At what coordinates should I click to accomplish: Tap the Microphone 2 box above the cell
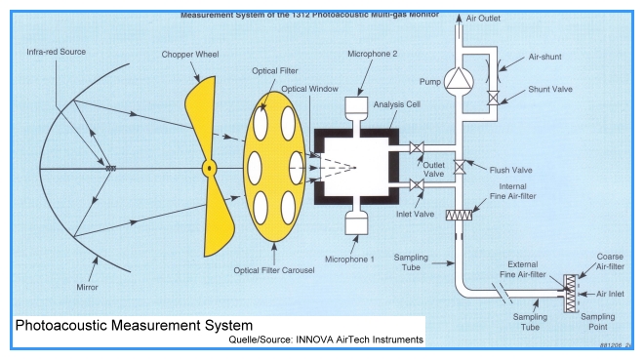(356, 107)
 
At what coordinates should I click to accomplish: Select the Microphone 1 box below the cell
(356, 224)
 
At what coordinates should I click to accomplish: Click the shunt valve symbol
(493, 99)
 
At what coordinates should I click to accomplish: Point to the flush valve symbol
(460, 167)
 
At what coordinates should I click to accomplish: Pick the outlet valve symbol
(417, 147)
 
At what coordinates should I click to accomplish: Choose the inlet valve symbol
(417, 184)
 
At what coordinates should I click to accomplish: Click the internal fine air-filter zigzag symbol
(459, 215)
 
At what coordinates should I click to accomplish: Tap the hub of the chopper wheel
(210, 169)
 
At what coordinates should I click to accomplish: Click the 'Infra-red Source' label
(57, 52)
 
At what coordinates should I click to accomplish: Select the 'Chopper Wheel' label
(190, 55)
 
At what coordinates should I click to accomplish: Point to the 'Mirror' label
(87, 288)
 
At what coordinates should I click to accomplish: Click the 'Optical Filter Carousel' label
(274, 270)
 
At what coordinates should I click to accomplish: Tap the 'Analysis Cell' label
(397, 104)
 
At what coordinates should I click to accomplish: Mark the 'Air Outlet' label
(483, 19)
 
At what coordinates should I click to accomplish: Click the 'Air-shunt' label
(545, 57)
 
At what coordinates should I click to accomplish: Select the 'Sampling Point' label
(598, 322)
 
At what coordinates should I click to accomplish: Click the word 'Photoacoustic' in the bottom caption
(62, 326)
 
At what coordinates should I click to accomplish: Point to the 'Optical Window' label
(309, 89)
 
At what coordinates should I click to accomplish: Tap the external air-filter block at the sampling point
(571, 294)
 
